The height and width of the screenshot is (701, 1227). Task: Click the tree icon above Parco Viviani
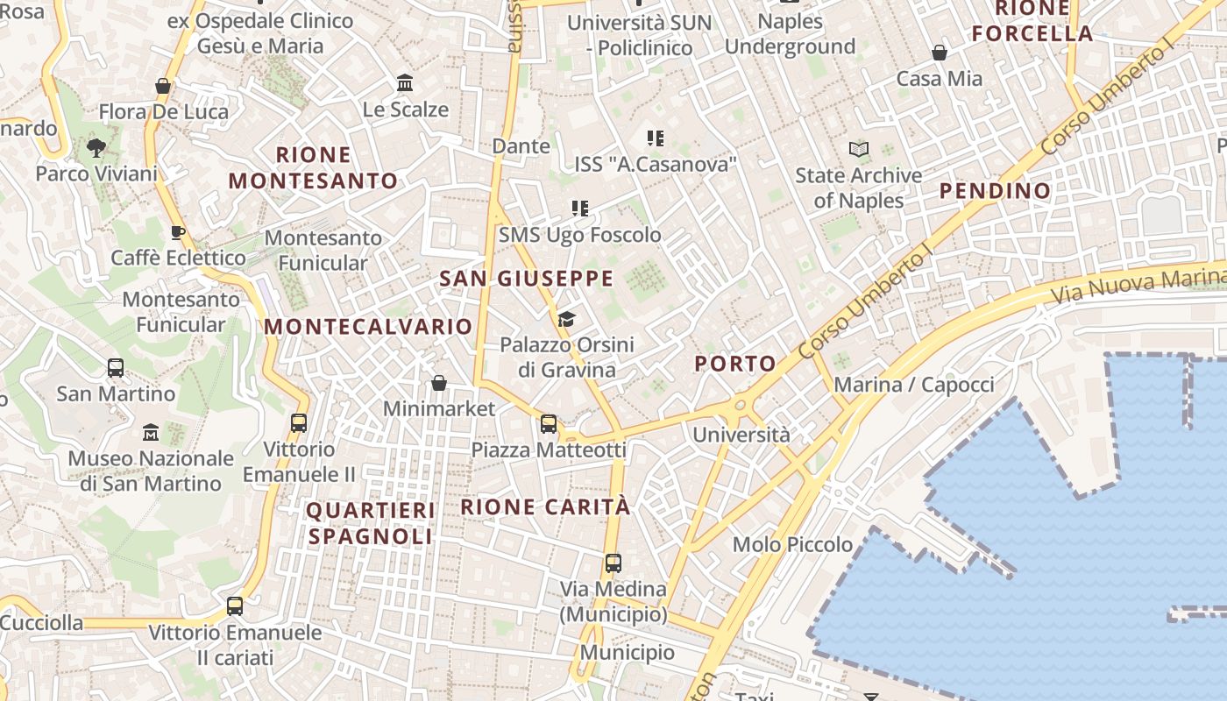coord(96,148)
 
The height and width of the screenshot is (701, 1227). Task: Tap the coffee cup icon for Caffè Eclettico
coord(177,232)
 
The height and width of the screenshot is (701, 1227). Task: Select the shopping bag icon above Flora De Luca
coord(163,86)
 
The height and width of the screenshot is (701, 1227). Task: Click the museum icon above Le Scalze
coord(405,83)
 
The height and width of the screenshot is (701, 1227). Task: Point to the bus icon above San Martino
coord(116,368)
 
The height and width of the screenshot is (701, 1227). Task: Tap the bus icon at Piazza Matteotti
coord(549,424)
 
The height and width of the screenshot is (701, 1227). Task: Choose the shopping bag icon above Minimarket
coord(439,383)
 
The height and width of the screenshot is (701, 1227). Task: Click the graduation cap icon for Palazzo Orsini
coord(567,319)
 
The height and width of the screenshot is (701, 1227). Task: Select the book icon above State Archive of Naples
coord(859,150)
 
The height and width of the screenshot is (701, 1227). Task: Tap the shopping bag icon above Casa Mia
coord(940,53)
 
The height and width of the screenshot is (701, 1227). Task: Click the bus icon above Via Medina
coord(613,563)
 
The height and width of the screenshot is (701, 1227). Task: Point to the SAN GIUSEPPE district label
coord(526,279)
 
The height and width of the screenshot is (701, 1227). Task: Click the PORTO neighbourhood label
coord(735,364)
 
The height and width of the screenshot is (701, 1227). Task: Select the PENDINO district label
coord(995,191)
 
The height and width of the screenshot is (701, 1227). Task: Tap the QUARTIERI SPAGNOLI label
coord(371,523)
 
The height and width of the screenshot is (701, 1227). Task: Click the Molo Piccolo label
coord(792,544)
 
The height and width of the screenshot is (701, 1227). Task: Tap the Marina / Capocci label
coord(914,385)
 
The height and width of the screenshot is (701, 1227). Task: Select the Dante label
coord(521,145)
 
